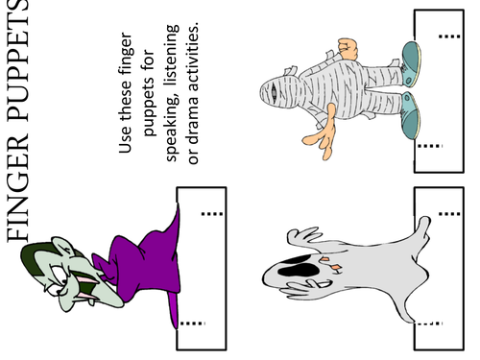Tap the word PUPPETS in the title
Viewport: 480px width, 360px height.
pos(17,60)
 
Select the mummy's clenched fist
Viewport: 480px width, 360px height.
pos(348,49)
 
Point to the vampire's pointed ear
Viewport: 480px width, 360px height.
pos(62,246)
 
